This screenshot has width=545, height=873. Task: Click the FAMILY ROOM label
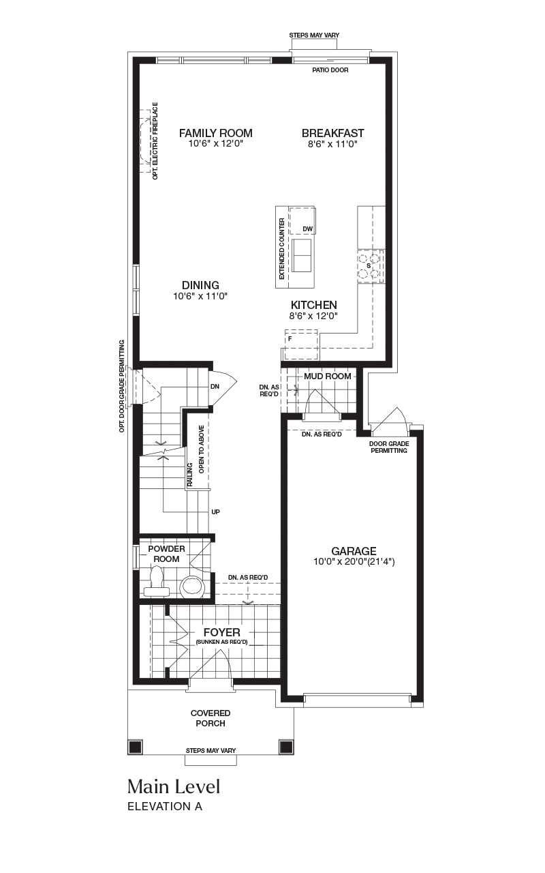point(216,133)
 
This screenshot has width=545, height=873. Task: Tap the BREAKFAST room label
point(333,133)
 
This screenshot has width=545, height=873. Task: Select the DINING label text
point(200,285)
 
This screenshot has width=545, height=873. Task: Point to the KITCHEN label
point(314,305)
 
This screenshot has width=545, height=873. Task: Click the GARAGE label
point(354,551)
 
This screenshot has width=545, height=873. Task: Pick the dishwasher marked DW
point(302,221)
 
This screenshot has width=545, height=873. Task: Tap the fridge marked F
point(301,345)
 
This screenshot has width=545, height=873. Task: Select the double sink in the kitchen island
point(302,256)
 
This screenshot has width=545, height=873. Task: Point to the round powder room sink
point(192,586)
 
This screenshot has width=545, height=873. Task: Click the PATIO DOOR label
point(330,70)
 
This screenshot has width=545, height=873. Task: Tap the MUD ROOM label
point(328,376)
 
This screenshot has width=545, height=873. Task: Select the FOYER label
point(222,632)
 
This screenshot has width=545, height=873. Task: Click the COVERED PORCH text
point(211,718)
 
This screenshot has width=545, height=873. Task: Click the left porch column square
point(135,746)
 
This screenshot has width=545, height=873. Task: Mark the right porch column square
point(285,746)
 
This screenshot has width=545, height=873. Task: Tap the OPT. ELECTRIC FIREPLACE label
point(155,140)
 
